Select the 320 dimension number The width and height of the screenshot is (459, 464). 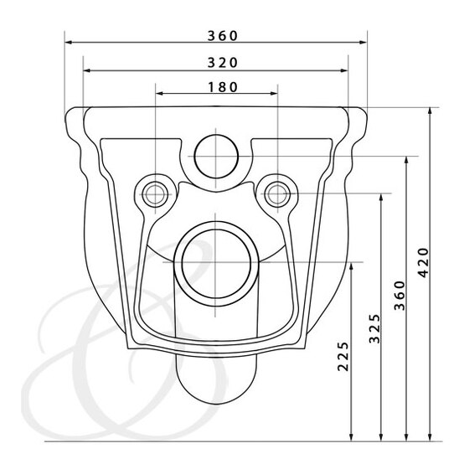[x=223, y=63]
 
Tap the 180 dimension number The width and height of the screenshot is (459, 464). [x=223, y=87]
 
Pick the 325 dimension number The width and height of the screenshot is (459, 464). [x=374, y=328]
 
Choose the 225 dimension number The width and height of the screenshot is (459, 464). [x=343, y=356]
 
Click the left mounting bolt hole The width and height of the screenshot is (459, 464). [x=155, y=194]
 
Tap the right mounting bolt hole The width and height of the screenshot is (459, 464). [x=277, y=193]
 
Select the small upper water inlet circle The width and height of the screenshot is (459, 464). [x=216, y=157]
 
